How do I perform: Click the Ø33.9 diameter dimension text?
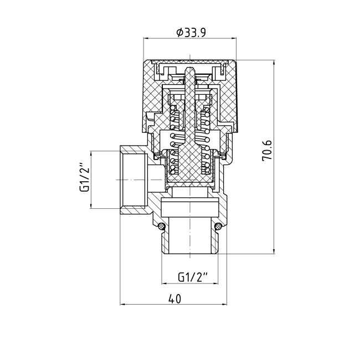(x=191, y=32)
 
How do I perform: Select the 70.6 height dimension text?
(x=267, y=151)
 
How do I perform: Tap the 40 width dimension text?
(x=174, y=299)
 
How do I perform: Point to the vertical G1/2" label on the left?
(x=84, y=177)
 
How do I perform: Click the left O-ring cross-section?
(x=162, y=227)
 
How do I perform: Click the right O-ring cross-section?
(x=218, y=227)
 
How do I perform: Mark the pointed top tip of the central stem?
(x=189, y=67)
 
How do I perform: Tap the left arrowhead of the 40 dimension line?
(x=122, y=305)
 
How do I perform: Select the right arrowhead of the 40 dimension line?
(x=224, y=305)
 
